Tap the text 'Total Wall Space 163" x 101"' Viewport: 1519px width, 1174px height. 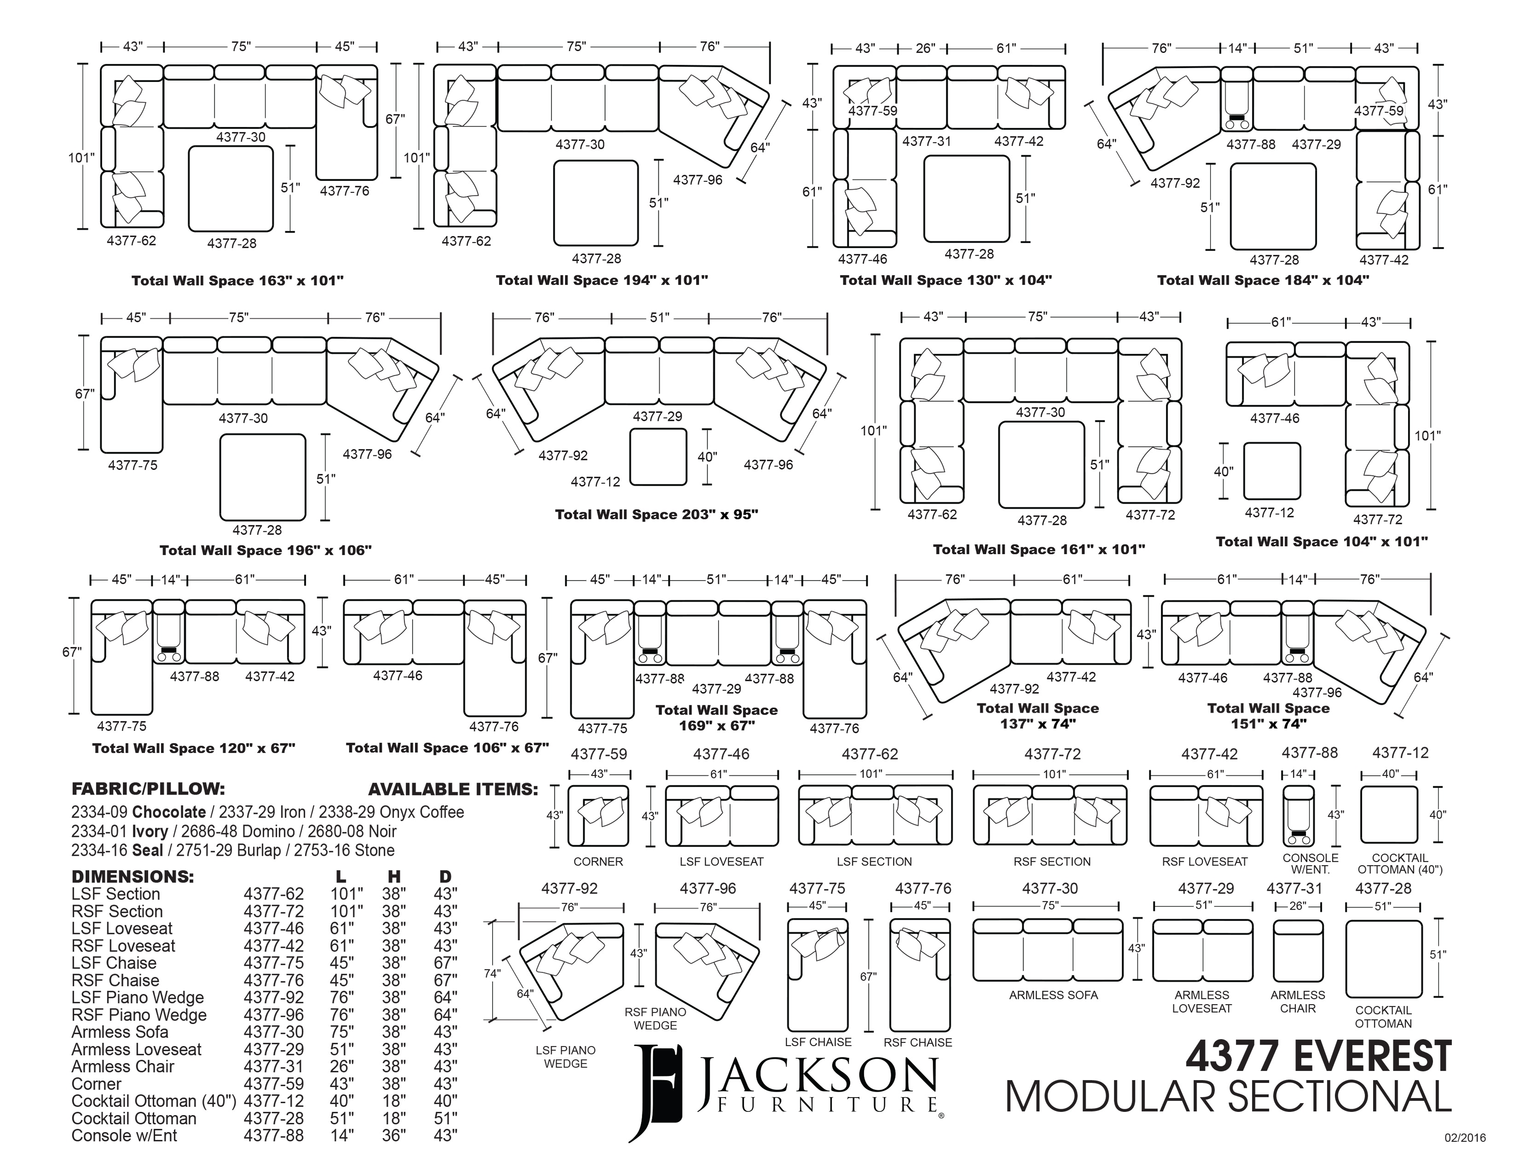(x=238, y=281)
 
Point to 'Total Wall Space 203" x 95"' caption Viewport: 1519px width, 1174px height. (x=656, y=515)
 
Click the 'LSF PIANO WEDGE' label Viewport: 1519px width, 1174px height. (x=565, y=1057)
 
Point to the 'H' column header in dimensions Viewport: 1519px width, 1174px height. (x=394, y=876)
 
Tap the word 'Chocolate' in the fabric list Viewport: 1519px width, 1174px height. (x=169, y=812)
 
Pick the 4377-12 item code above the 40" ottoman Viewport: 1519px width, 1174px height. (x=1400, y=753)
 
